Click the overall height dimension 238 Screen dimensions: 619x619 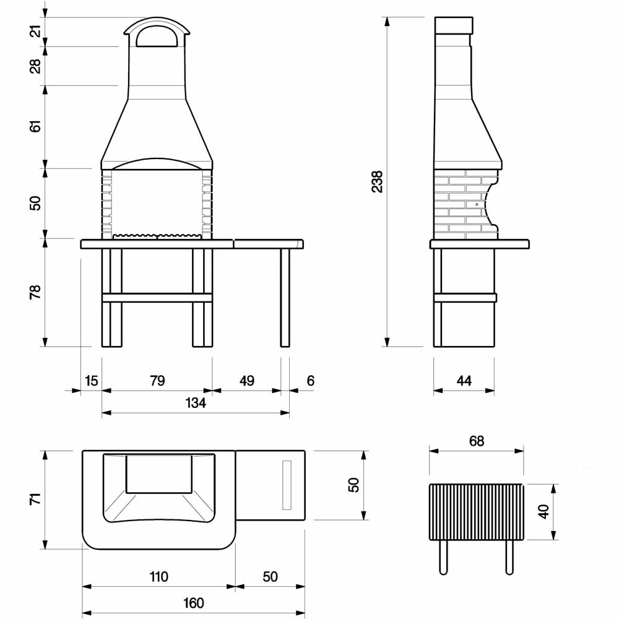(378, 181)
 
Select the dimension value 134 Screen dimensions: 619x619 (196, 403)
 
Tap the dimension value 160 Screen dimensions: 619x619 (193, 603)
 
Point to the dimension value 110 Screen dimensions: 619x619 (158, 577)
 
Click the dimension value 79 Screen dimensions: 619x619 (157, 381)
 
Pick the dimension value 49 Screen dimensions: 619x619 (247, 381)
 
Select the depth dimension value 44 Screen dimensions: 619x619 (464, 381)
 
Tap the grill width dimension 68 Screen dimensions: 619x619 (477, 441)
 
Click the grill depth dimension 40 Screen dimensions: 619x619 (544, 512)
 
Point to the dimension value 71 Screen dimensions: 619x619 (35, 499)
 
